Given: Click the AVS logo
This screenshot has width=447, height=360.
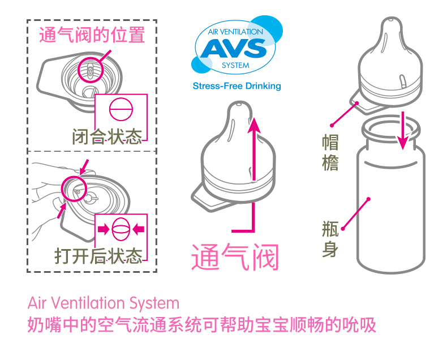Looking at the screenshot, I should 235,50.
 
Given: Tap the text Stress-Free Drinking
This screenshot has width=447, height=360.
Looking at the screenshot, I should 237,87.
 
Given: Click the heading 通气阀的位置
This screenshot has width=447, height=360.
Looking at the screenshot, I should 92,36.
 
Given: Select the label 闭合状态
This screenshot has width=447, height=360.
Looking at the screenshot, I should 107,137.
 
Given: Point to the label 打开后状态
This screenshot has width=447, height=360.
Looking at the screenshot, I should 98,256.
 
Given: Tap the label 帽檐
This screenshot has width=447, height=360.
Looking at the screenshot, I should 330,152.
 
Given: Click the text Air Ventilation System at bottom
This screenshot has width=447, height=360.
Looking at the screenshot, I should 103,303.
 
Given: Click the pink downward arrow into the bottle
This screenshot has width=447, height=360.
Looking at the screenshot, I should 403,131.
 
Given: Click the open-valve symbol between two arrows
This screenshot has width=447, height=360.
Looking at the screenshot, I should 121,229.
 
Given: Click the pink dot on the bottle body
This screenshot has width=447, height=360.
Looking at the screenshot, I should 368,199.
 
